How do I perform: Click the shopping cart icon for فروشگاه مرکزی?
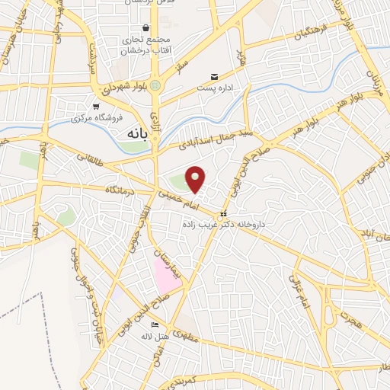96,107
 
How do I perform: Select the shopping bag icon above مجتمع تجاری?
145,28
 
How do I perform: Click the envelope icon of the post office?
214,77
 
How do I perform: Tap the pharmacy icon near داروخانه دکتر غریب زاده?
223,214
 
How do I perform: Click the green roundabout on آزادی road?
155,86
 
